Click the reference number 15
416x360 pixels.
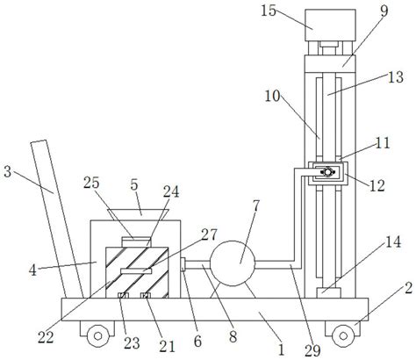click(269, 11)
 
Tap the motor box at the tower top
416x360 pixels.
click(330, 25)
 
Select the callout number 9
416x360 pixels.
click(384, 11)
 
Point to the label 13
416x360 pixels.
click(396, 77)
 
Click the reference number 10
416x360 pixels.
click(272, 96)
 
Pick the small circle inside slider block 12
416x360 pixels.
click(327, 172)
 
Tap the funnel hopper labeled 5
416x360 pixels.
click(139, 215)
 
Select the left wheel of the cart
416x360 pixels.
click(98, 335)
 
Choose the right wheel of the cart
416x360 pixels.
click(343, 335)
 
